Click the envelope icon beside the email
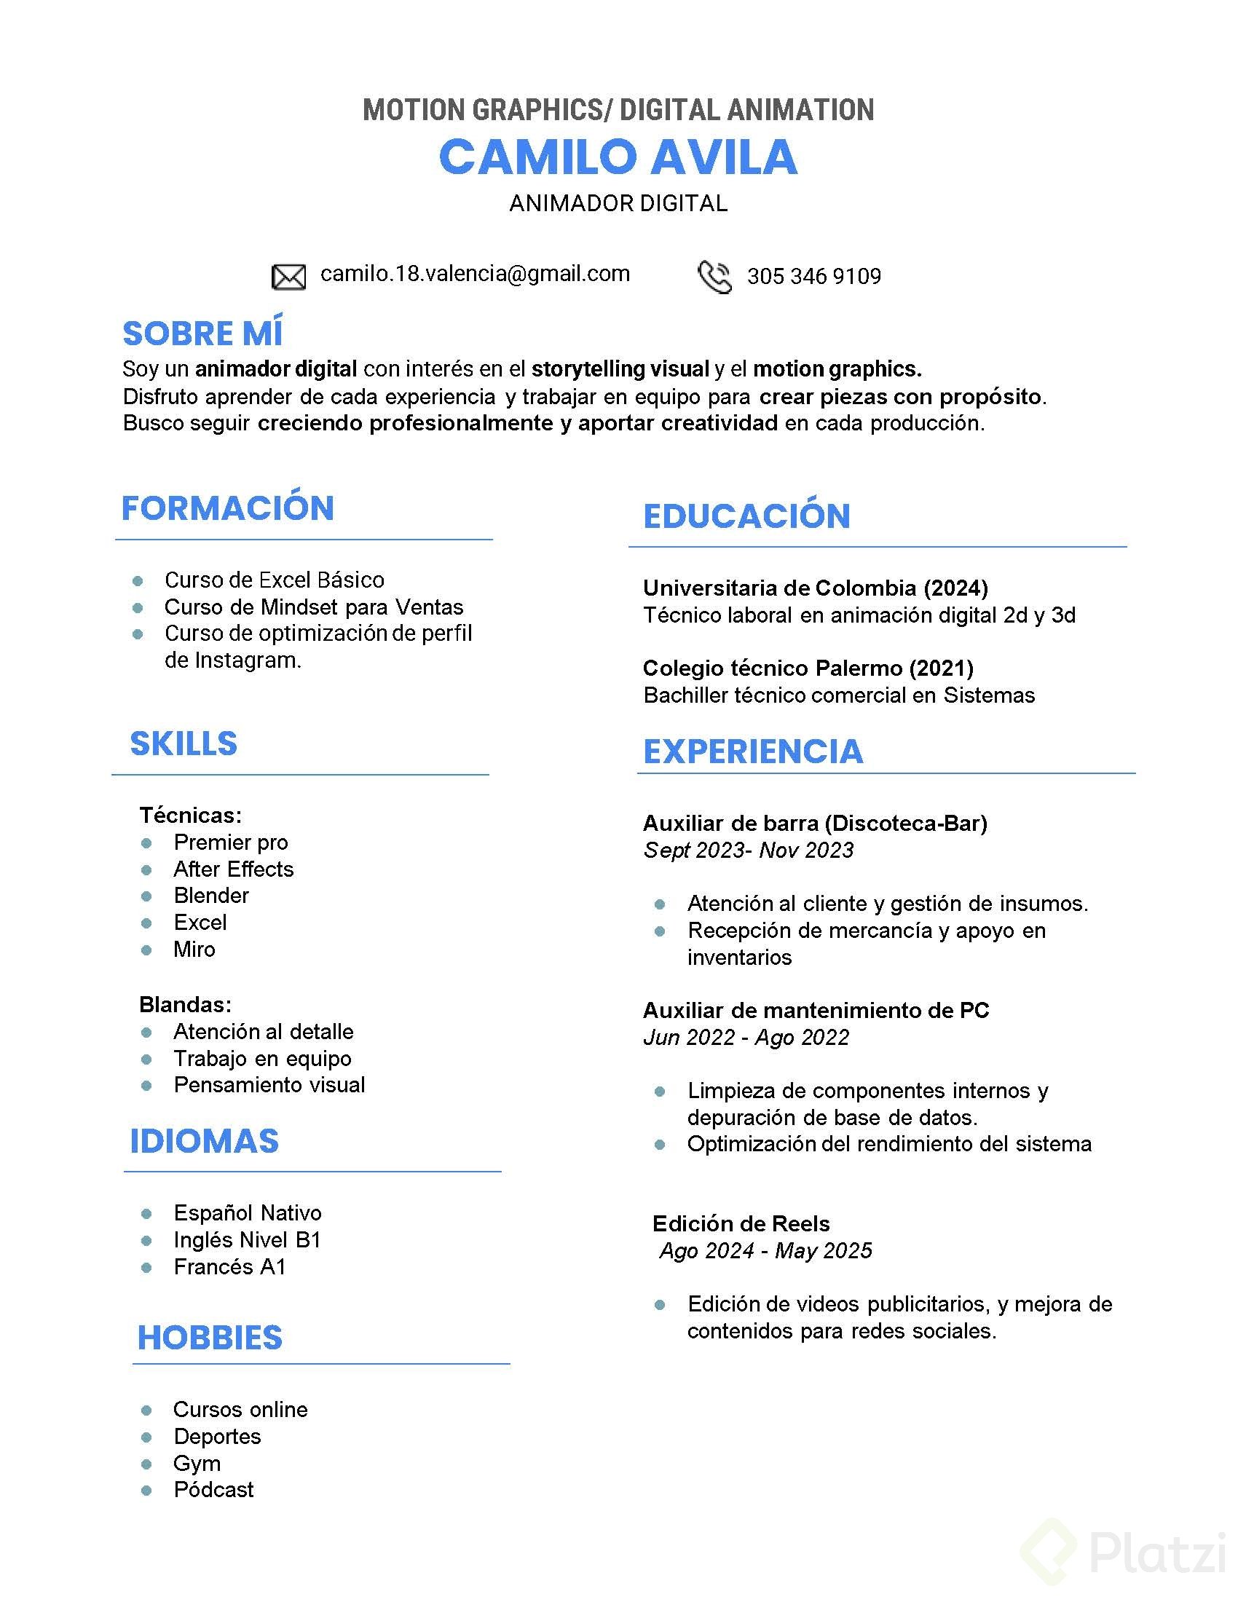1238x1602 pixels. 288,277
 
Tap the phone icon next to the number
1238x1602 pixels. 714,277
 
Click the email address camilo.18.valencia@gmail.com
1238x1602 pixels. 476,274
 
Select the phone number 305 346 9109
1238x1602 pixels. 814,277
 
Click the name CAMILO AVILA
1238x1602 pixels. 618,157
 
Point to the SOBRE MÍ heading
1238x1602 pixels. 202,334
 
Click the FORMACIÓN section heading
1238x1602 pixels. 227,508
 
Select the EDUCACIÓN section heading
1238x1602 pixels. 746,516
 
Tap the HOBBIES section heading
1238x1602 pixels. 210,1338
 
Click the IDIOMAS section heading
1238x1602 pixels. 205,1141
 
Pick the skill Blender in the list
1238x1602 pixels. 211,896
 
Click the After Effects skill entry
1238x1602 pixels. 233,869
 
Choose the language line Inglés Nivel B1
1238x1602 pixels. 247,1239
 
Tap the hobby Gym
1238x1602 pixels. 197,1464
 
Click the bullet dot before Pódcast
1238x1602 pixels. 146,1490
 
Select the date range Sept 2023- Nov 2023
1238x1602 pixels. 749,850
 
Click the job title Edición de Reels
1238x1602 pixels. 741,1223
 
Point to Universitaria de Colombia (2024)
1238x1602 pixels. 816,588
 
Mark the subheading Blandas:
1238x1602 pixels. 186,1004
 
